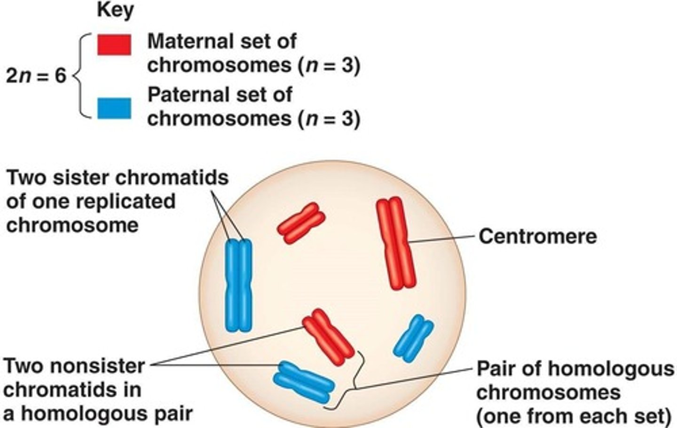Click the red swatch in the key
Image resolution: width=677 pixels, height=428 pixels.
[x=114, y=45]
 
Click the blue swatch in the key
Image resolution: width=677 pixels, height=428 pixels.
[x=114, y=108]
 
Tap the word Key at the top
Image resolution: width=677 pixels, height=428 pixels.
[x=115, y=10]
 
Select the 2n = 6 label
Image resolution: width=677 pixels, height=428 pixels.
[x=36, y=76]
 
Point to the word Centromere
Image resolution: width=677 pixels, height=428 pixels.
[x=537, y=236]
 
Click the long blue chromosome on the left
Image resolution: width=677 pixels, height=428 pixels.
[x=239, y=285]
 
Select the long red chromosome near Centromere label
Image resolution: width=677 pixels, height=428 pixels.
[x=396, y=243]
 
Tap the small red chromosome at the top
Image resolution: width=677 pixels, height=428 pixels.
[x=301, y=223]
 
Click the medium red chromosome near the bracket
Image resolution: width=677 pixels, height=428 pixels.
[x=327, y=337]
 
